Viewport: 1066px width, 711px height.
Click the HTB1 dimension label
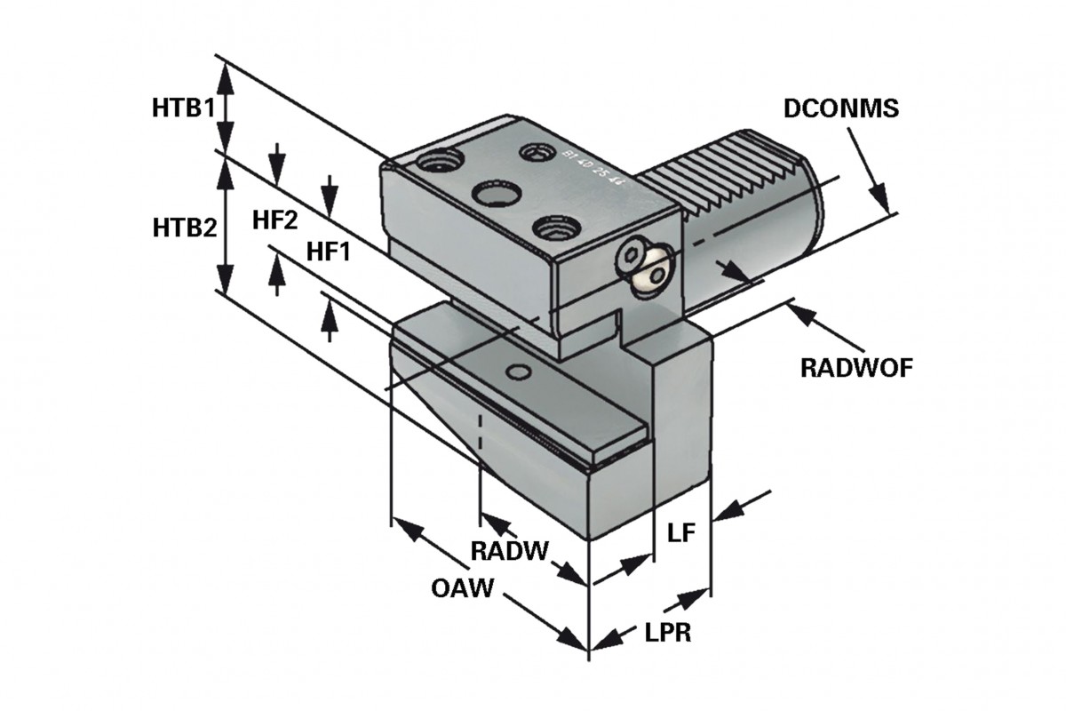pos(183,109)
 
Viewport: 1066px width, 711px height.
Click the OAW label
pos(463,589)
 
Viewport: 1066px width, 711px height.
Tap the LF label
pos(680,533)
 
